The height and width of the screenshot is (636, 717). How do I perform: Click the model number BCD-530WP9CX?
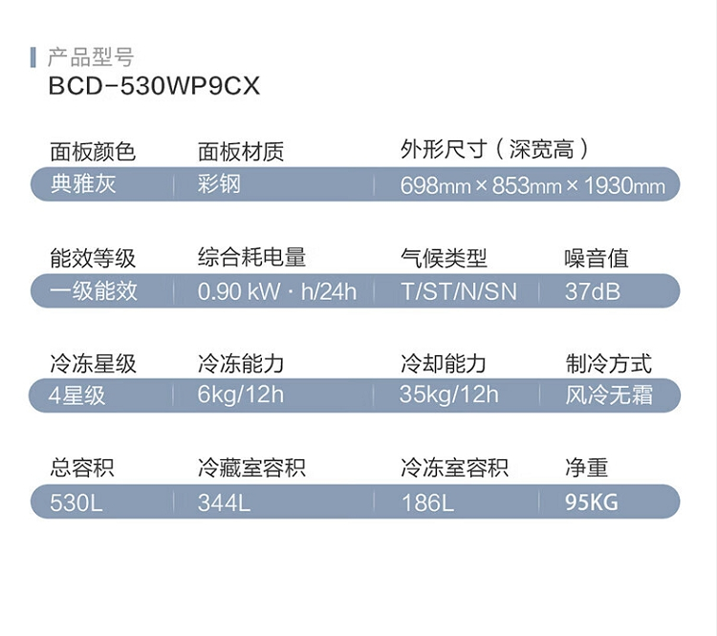[154, 85]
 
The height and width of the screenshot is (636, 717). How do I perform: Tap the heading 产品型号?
[91, 57]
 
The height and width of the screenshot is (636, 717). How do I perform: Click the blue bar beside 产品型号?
[33, 57]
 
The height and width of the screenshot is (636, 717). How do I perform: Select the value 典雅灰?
[83, 184]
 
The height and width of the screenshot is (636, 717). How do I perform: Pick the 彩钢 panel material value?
[219, 184]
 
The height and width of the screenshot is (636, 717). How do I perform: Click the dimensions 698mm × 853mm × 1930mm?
[532, 185]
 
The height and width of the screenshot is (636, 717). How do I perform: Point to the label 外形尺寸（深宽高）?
[495, 149]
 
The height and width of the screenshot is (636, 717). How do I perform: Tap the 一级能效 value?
[94, 290]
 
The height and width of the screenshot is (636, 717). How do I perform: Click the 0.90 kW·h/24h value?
[277, 291]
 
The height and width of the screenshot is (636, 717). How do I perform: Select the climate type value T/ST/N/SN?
[459, 291]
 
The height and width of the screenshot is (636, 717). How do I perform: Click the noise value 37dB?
[593, 291]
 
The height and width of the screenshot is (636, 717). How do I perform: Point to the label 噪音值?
[597, 258]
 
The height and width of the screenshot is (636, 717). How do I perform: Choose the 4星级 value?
[76, 395]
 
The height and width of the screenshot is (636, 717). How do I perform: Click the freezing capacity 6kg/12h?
[241, 394]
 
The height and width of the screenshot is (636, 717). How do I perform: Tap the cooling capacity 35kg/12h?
[449, 394]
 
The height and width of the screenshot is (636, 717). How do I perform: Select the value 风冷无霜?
[609, 394]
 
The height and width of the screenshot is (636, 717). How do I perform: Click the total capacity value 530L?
[76, 502]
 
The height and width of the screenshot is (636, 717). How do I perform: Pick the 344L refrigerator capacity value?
[224, 502]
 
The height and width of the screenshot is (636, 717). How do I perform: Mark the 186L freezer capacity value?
[427, 502]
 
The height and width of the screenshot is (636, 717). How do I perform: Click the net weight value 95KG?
[592, 502]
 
